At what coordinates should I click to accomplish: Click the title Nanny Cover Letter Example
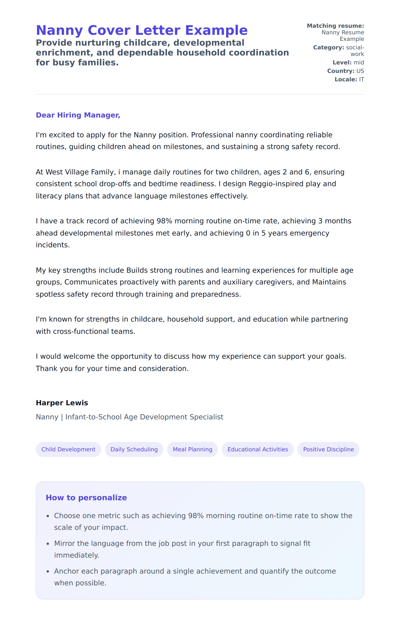pos(142,30)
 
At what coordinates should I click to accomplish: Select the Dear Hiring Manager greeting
pos(78,115)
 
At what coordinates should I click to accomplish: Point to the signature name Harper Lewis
pos(62,403)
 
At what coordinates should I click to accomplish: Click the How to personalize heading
pos(86,497)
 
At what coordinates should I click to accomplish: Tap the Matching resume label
pos(335,26)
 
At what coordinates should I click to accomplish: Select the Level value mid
pos(359,63)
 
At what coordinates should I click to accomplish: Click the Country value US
pos(360,71)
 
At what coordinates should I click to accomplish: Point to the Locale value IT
pos(361,79)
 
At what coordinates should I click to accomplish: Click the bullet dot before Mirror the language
pos(48,544)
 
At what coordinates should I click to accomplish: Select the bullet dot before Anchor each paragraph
pos(48,571)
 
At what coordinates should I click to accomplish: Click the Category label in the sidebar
pos(328,47)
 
